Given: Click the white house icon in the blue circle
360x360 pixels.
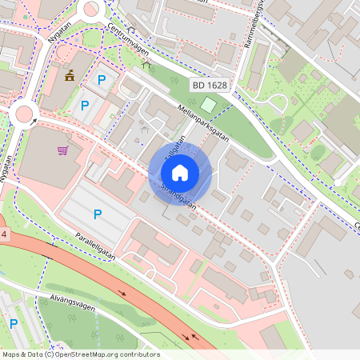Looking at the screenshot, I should [180, 172].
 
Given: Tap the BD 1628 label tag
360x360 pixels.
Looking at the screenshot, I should [210, 84].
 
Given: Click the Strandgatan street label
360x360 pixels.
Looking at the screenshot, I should [178, 195].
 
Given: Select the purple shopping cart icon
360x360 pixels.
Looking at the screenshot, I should [62, 150].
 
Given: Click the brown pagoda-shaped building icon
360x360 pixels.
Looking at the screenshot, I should [69, 77].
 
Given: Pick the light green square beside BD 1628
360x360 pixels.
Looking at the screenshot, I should [208, 105].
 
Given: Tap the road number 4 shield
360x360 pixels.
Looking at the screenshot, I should [3, 234].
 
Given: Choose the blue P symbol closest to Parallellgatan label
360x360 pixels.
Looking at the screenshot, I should [98, 214].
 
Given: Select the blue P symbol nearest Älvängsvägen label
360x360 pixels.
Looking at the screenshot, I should [14, 323].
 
